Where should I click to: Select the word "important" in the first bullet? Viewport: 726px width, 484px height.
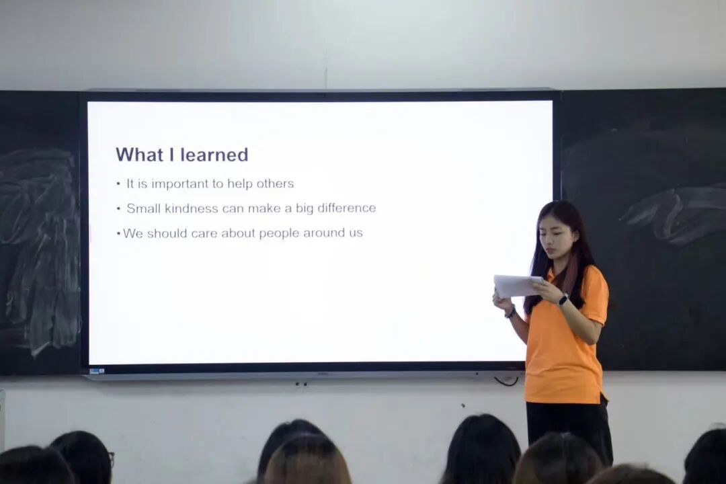[x=179, y=184]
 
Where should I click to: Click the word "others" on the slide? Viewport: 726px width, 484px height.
[x=275, y=184]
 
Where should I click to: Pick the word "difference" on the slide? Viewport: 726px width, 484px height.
[x=346, y=208]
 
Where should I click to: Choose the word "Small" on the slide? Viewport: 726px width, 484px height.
[x=144, y=208]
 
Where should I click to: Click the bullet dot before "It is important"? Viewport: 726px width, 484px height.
[x=118, y=184]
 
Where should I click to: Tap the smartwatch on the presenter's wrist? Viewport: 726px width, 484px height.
[x=563, y=299]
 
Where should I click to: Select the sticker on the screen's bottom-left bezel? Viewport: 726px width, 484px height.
[x=97, y=370]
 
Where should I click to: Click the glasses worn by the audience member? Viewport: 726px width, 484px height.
[x=111, y=458]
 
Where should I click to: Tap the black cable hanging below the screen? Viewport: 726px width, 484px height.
[x=506, y=381]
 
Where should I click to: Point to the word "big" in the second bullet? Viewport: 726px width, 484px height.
[x=305, y=209]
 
